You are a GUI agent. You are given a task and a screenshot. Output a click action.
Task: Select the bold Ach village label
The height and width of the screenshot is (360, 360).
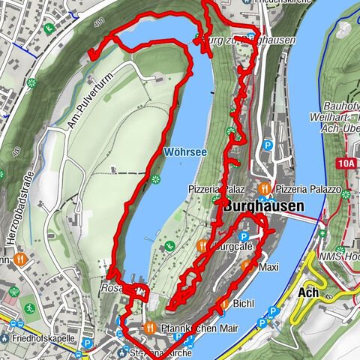(309, 292)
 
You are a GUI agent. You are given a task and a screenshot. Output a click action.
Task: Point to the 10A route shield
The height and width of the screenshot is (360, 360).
(346, 161)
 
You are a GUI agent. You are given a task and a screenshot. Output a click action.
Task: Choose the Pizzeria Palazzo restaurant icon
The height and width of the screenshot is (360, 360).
(264, 188)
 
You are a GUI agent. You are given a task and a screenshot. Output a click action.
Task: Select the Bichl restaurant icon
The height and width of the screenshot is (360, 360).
(222, 303)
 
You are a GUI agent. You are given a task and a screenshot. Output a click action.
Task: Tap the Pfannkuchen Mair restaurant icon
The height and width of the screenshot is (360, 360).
(149, 327)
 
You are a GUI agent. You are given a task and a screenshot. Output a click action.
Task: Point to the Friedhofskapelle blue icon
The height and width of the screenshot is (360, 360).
(5, 338)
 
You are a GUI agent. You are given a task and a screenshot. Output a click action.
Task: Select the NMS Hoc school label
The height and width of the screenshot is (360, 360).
(341, 256)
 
